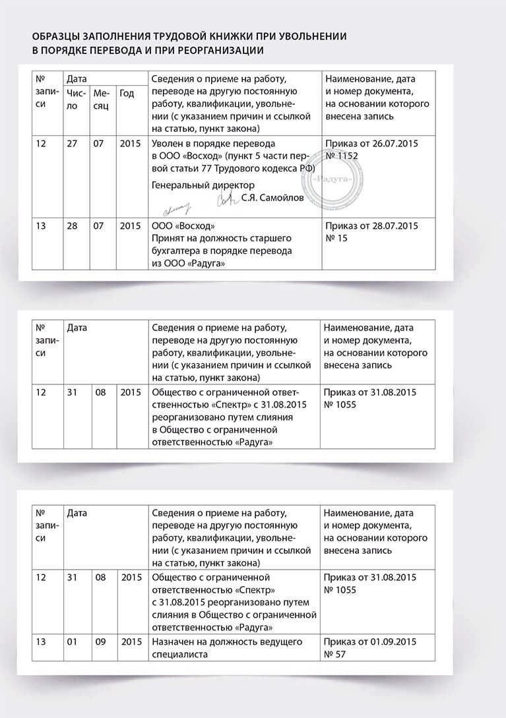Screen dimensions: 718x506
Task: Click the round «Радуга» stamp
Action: click(x=334, y=179)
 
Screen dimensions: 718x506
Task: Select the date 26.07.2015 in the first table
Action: click(x=395, y=143)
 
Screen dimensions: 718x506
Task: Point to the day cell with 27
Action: click(x=71, y=143)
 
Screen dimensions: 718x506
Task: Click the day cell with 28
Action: click(x=71, y=226)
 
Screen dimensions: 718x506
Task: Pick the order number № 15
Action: click(x=336, y=238)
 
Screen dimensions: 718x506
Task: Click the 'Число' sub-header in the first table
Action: click(x=75, y=100)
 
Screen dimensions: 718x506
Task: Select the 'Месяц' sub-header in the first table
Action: click(x=101, y=100)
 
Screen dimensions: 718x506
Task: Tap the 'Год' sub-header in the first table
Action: click(x=127, y=94)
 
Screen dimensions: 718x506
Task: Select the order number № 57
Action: click(x=336, y=655)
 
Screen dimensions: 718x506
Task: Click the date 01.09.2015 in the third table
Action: click(x=395, y=642)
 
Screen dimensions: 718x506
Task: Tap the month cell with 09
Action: click(x=99, y=642)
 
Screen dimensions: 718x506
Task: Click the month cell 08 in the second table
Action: click(x=99, y=392)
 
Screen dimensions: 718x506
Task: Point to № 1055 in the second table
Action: click(x=340, y=405)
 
